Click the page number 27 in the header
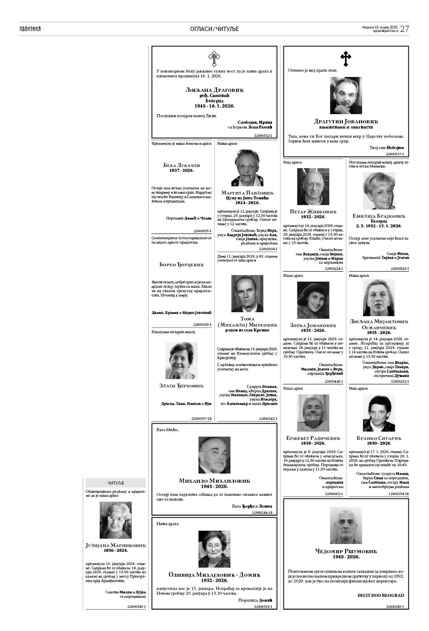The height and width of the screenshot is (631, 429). click(x=405, y=29)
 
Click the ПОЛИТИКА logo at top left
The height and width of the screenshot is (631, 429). click(x=30, y=29)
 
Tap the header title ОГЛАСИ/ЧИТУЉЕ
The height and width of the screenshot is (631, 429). click(x=214, y=29)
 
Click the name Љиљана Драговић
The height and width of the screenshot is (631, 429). click(x=214, y=90)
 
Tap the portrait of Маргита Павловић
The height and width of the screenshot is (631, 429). click(x=248, y=168)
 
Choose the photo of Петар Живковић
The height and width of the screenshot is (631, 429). click(x=313, y=187)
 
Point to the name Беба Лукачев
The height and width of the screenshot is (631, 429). click(x=181, y=165)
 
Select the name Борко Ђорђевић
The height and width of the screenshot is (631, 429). click(x=181, y=265)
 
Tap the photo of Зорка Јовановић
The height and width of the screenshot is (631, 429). click(x=313, y=300)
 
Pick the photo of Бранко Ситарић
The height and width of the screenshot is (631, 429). click(x=379, y=413)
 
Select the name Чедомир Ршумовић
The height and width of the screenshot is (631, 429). click(x=346, y=551)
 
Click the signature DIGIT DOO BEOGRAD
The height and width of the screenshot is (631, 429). click(x=380, y=595)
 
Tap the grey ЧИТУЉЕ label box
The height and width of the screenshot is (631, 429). click(x=115, y=483)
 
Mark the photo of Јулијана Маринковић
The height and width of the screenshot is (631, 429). click(x=115, y=520)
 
